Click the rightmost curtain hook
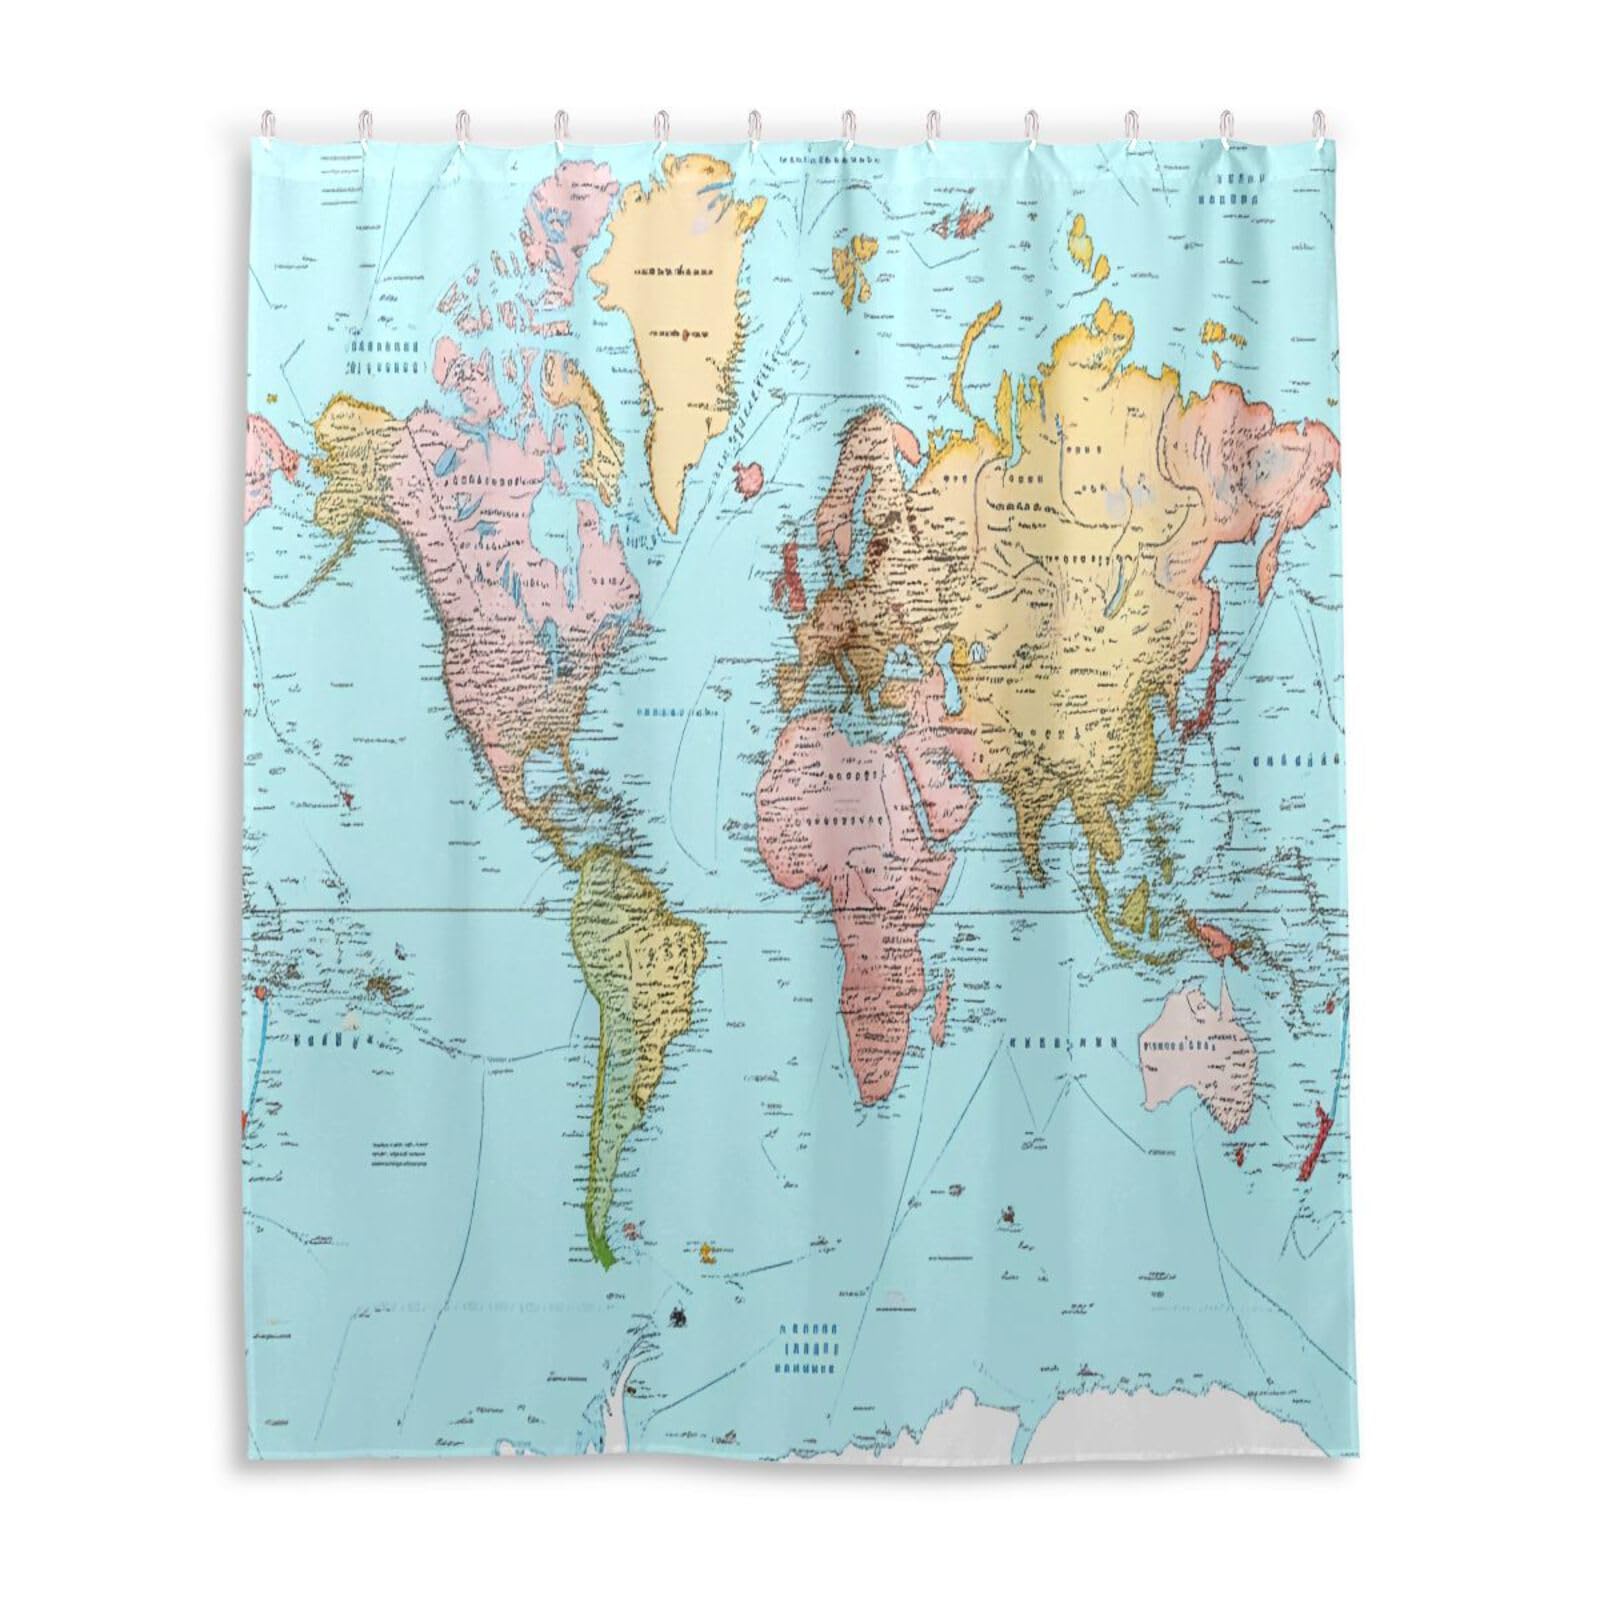tap(1318, 128)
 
